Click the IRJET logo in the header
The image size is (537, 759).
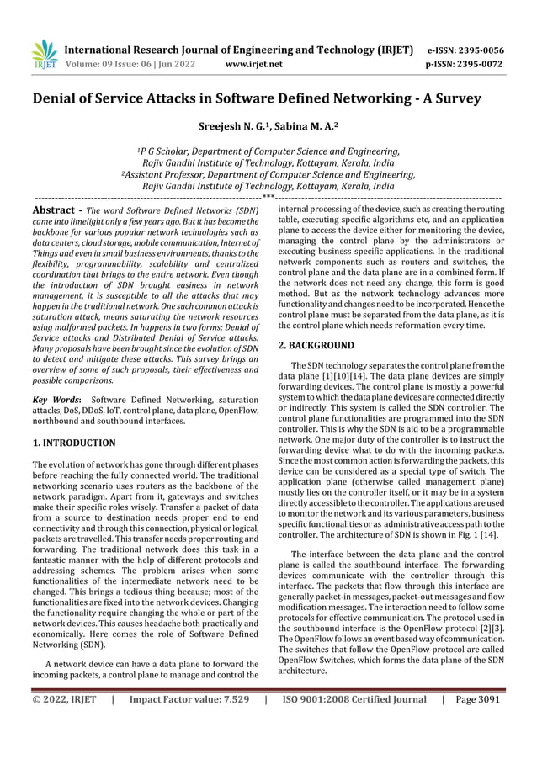(x=42, y=55)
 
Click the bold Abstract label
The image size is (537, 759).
(x=56, y=209)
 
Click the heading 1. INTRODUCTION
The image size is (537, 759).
(x=73, y=443)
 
